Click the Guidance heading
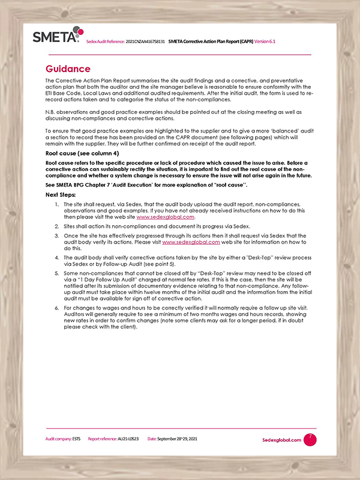pos(68,68)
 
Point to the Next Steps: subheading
pos(61,195)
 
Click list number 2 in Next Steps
pos(56,227)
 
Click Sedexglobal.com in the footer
pos(281,440)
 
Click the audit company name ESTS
pos(76,439)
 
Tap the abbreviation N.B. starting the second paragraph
pos(51,112)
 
